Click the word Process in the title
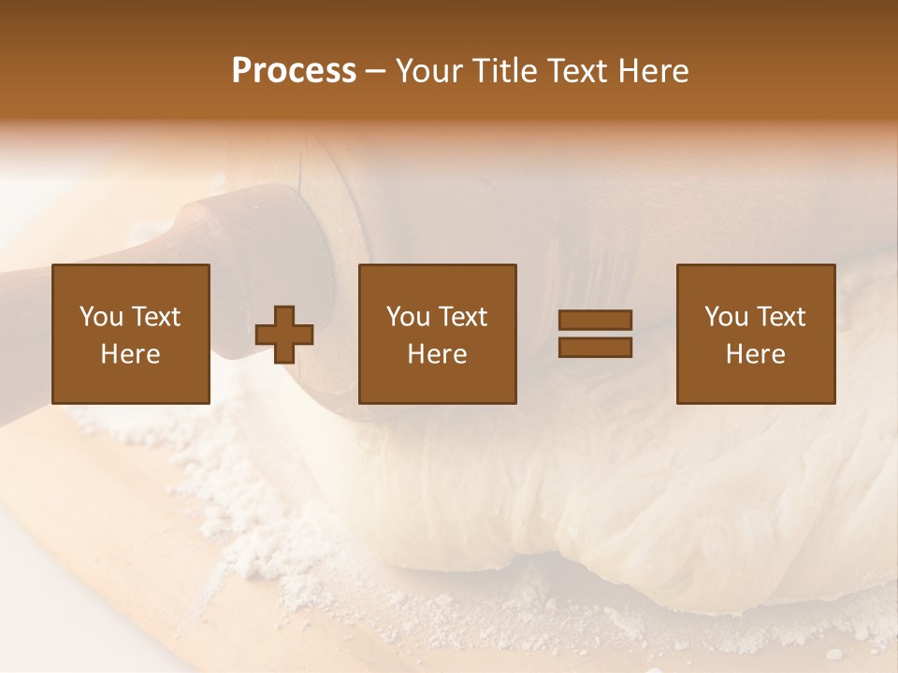click(x=294, y=71)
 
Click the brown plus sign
click(x=284, y=335)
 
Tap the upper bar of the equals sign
click(x=595, y=321)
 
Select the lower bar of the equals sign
click(x=595, y=348)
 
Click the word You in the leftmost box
click(x=101, y=317)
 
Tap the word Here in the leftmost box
click(x=131, y=354)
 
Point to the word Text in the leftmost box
click(x=154, y=317)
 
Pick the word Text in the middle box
click(x=461, y=317)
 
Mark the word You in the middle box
click(x=408, y=317)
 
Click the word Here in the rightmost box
click(x=756, y=354)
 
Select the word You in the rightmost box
click(x=726, y=317)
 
